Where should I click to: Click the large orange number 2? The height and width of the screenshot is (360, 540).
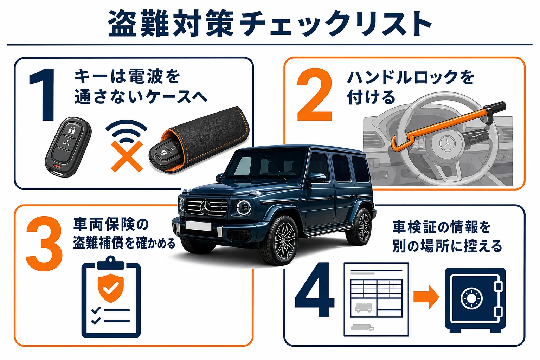[x=315, y=95]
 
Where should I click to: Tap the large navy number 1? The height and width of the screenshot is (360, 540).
[x=43, y=95]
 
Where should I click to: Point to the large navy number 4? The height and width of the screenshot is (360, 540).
[x=315, y=290]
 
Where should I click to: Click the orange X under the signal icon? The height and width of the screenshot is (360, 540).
[x=127, y=156]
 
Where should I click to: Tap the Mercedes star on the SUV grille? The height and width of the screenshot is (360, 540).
[x=205, y=207]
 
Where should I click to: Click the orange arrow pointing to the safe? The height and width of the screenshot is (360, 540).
[x=426, y=297]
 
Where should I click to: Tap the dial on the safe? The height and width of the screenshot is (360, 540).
[x=471, y=298]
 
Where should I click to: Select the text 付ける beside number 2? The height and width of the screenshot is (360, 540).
[x=371, y=97]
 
